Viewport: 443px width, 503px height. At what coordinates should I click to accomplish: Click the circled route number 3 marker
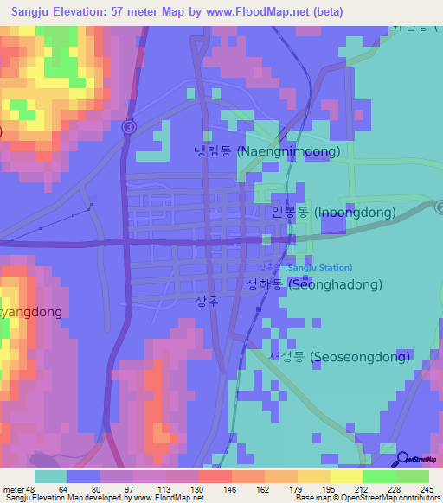(x=129, y=127)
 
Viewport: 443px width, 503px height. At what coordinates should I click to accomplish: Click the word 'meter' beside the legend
(x=12, y=489)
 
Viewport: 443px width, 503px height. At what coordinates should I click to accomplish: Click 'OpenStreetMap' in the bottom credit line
(x=380, y=498)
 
